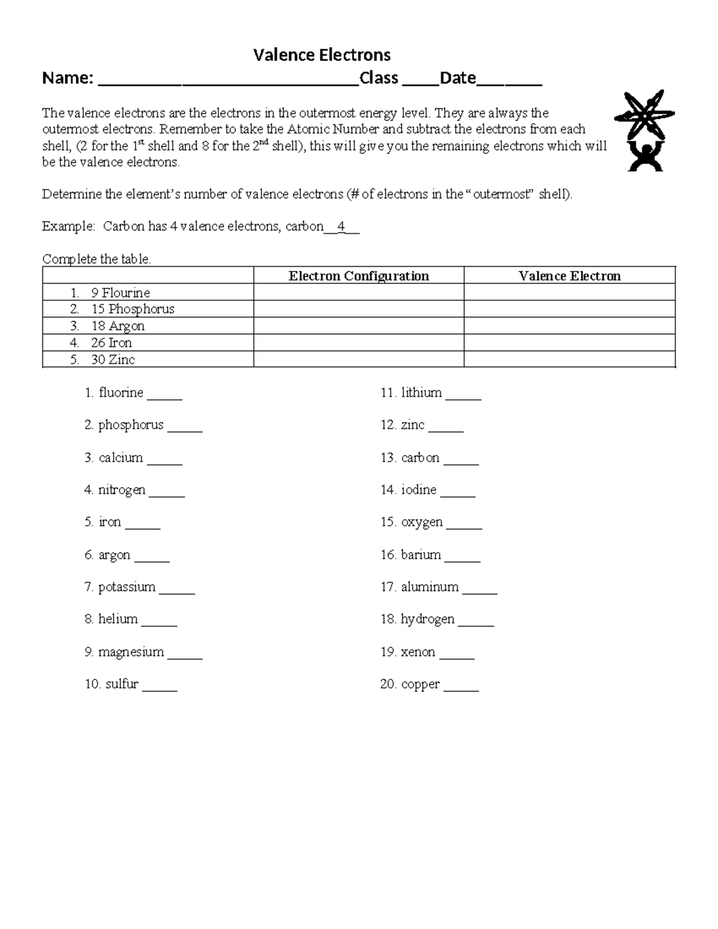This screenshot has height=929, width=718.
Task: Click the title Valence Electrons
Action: (x=322, y=55)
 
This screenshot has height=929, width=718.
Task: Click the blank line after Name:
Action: (x=228, y=83)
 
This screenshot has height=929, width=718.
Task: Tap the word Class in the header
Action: (x=379, y=78)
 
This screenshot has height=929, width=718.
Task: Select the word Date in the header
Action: (x=458, y=78)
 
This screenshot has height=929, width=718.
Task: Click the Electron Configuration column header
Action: (x=358, y=276)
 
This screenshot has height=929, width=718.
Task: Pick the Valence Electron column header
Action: (x=569, y=276)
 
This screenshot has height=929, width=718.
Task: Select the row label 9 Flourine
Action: (x=120, y=293)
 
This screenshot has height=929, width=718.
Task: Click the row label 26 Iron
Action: (x=111, y=343)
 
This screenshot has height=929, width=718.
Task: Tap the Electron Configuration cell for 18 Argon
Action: (x=358, y=326)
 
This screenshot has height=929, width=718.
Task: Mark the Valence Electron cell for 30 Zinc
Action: (x=569, y=360)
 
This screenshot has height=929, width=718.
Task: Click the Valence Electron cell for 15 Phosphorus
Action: (x=569, y=309)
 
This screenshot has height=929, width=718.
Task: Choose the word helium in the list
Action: (x=118, y=619)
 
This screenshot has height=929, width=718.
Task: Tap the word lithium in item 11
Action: (x=421, y=393)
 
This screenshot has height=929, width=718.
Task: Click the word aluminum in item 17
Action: (x=430, y=587)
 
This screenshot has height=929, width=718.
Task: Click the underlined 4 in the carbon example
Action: (x=341, y=227)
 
